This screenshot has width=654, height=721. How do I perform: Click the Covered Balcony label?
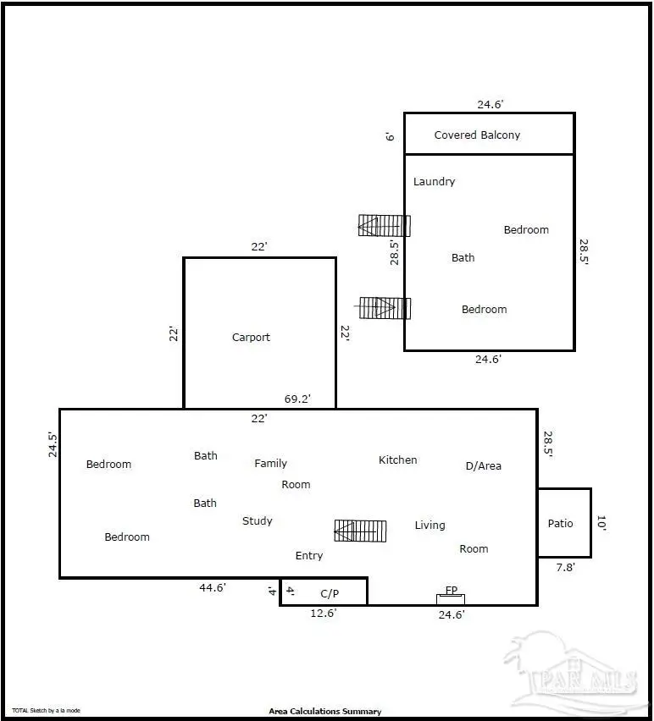pos(477,135)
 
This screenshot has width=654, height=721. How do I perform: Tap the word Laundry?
pos(434,182)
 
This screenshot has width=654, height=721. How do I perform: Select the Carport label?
pos(251,338)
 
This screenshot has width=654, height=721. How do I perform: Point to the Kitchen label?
pos(397,460)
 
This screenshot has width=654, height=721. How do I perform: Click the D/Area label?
pos(483,466)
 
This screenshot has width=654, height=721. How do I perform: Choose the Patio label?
pos(560,524)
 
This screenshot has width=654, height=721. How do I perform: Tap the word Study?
pos(257,521)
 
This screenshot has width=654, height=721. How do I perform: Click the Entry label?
pos(308,556)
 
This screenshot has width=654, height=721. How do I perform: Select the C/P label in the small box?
pos(330,593)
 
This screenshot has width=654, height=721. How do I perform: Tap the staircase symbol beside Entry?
pos(360,531)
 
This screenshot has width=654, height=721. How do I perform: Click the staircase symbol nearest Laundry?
pos(384,225)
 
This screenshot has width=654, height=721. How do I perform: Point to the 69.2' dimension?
pos(297,398)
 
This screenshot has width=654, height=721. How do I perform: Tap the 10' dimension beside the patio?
pos(601,524)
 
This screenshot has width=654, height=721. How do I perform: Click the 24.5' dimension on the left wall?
pos(53,445)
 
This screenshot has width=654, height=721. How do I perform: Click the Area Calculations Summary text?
pos(324,712)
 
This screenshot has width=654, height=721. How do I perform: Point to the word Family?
pos(270,464)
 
